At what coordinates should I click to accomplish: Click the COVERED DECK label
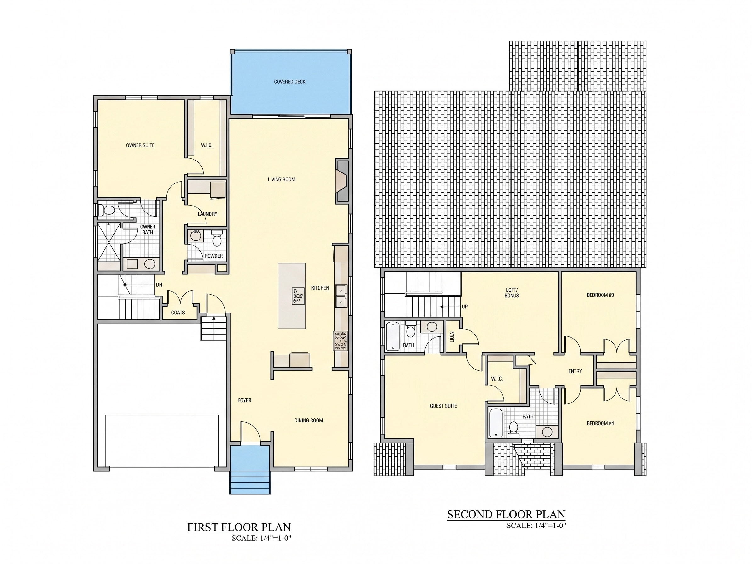(290, 82)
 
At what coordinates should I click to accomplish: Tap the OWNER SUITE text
(140, 145)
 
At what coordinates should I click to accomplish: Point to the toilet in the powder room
(216, 238)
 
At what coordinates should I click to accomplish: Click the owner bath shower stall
(109, 242)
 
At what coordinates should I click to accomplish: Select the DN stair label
(159, 285)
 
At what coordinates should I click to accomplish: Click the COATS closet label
(178, 313)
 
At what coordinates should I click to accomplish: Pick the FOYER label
(244, 400)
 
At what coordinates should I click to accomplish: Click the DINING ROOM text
(308, 420)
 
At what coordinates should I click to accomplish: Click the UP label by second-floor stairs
(464, 306)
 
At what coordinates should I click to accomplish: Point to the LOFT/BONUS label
(512, 293)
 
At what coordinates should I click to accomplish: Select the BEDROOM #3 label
(600, 295)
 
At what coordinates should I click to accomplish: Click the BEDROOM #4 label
(600, 423)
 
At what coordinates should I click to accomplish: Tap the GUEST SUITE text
(443, 406)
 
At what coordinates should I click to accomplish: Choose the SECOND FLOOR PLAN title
(506, 514)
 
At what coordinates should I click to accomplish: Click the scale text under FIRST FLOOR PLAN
(261, 538)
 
